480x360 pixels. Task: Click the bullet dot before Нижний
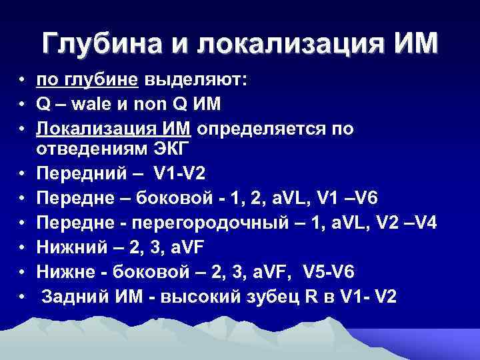[23, 247]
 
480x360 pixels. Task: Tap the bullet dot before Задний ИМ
[23, 295]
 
